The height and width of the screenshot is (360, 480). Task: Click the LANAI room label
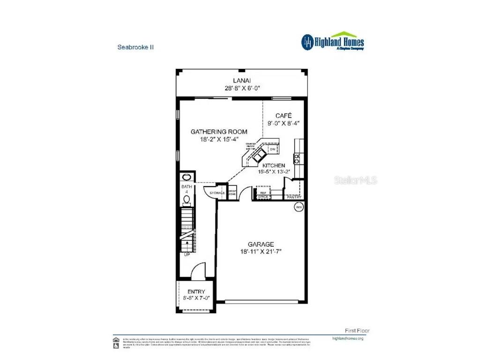point(242,80)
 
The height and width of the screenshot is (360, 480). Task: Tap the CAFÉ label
point(284,115)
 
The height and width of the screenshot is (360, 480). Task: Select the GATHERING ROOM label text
point(219,132)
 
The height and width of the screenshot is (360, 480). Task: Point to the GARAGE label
point(261,244)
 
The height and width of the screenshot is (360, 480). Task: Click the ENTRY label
point(196,292)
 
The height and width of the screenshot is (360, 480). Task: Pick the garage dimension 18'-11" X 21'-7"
point(261,252)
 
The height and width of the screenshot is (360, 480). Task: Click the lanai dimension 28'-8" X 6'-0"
point(242,88)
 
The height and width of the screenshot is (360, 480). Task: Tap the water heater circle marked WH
point(298,207)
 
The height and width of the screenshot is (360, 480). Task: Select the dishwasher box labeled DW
point(272,149)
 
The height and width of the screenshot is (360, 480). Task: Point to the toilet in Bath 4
point(187,200)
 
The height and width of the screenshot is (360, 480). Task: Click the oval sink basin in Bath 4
point(187,177)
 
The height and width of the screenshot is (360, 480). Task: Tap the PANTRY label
point(294,197)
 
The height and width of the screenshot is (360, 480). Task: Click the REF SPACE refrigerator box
point(263,195)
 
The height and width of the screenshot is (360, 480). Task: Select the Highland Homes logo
point(332,41)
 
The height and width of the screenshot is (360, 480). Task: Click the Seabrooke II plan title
point(135,47)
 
